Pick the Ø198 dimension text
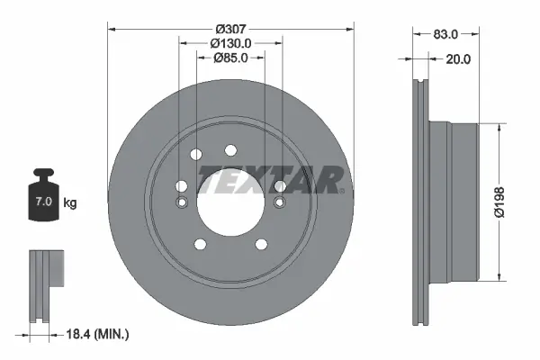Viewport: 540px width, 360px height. [x=513, y=201]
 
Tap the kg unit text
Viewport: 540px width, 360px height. [x=70, y=203]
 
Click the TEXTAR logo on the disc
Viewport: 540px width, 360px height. [x=270, y=179]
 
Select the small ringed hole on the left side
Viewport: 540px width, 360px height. [x=181, y=201]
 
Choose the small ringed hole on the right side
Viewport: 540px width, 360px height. [x=280, y=201]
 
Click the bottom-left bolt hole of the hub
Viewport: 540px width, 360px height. [x=198, y=243]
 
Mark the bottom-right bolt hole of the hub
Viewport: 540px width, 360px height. [x=262, y=243]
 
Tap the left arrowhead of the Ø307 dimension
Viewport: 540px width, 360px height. [x=112, y=27]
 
